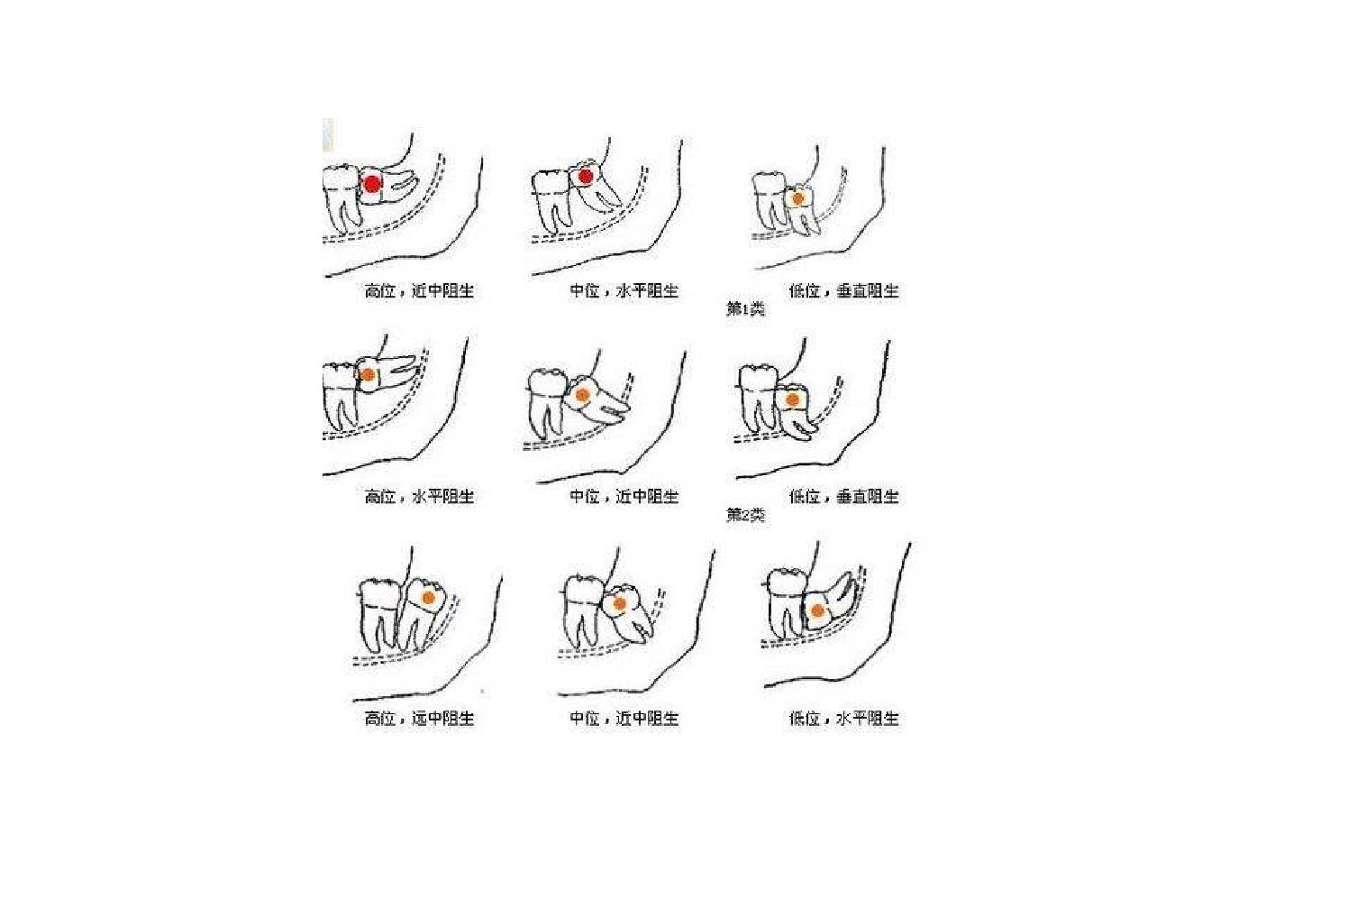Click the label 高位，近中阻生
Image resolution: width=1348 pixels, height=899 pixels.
[419, 291]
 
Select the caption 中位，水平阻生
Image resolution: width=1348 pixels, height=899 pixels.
[624, 291]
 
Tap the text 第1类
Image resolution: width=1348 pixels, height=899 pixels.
[745, 309]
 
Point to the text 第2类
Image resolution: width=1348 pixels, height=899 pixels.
[745, 515]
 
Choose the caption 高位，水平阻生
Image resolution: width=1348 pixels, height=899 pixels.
[419, 497]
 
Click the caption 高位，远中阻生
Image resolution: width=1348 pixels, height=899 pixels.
[419, 719]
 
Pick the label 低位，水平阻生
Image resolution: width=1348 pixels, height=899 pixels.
[843, 719]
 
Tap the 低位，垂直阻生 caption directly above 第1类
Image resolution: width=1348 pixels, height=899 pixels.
[843, 291]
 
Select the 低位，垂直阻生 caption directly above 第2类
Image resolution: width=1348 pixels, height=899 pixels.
[843, 497]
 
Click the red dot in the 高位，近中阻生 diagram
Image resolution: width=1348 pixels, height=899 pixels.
[373, 184]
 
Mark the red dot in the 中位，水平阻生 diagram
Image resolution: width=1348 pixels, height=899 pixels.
[585, 177]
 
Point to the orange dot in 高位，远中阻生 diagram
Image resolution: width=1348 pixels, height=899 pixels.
[429, 597]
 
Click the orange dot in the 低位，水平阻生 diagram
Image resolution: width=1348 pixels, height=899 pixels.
[817, 611]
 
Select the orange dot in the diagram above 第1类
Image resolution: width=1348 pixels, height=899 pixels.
[798, 198]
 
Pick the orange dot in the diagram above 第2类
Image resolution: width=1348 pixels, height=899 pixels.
[793, 399]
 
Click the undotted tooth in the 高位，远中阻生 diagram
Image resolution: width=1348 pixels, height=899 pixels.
[380, 614]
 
